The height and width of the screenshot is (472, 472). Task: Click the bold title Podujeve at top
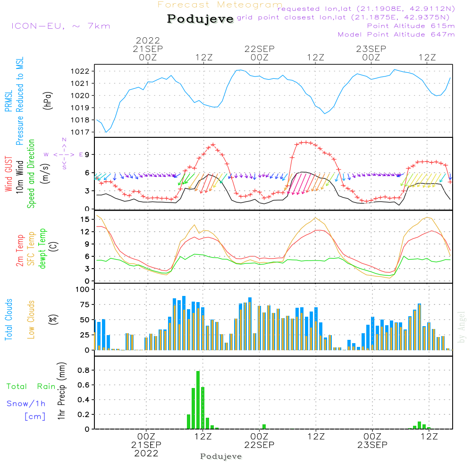(200, 19)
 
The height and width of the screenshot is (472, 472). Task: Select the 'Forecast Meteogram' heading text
(220, 5)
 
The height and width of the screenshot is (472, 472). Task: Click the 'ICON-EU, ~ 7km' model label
(60, 26)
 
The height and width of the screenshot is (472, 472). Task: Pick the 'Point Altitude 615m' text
(411, 26)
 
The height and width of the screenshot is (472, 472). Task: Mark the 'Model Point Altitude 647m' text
(396, 34)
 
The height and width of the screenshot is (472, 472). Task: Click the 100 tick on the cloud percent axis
(83, 289)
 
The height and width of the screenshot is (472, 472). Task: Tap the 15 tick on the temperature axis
(85, 219)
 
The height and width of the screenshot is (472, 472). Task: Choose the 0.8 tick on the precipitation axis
(84, 370)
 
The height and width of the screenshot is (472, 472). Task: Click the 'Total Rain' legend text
(31, 387)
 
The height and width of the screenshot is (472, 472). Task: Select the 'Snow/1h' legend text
(26, 404)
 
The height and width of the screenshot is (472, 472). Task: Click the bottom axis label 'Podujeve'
(221, 456)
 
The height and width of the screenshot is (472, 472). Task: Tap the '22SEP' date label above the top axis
(259, 49)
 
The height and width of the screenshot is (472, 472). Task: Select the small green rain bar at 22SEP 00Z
(264, 427)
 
